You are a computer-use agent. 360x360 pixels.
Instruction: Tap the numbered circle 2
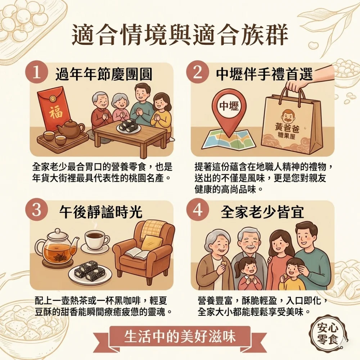click(x=197, y=73)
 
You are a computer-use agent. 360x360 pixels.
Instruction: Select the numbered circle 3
click(x=37, y=210)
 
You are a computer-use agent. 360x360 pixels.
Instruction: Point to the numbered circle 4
click(x=198, y=210)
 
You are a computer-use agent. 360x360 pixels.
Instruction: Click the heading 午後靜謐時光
click(x=101, y=211)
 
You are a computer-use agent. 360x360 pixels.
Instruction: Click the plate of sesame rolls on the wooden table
click(x=129, y=128)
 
